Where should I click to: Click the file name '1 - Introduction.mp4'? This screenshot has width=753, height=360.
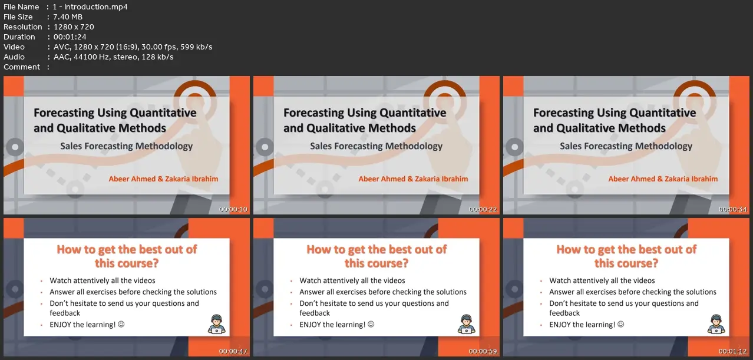pos(90,6)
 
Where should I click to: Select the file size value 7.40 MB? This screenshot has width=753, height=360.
pos(68,17)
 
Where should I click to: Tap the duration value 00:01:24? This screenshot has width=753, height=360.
pos(70,37)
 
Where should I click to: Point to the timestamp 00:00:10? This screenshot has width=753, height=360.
pos(233,209)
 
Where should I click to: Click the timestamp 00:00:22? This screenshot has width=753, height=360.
pos(483,209)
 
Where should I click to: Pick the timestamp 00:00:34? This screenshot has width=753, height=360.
pos(732,209)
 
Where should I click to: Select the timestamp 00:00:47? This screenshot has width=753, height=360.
pos(233,351)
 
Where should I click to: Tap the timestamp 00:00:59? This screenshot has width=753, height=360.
pos(483,351)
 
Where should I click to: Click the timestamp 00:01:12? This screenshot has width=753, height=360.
pos(732,351)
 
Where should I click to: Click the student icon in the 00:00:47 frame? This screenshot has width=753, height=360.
pos(216,324)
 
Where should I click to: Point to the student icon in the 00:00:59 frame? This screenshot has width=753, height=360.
pos(466,324)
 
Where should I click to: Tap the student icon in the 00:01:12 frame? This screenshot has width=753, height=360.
pos(716,324)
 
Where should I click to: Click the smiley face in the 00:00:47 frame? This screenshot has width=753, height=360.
pos(121,324)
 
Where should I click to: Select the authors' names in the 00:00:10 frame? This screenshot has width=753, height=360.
pos(163,179)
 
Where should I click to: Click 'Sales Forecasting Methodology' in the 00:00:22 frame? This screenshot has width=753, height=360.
pos(376,146)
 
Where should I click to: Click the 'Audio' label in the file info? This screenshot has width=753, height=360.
pos(14,57)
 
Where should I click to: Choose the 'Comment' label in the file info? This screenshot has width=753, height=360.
pos(22,67)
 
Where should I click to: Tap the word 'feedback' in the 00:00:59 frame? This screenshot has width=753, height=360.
pos(315,313)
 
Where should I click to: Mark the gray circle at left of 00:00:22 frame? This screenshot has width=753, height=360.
pos(265,147)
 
